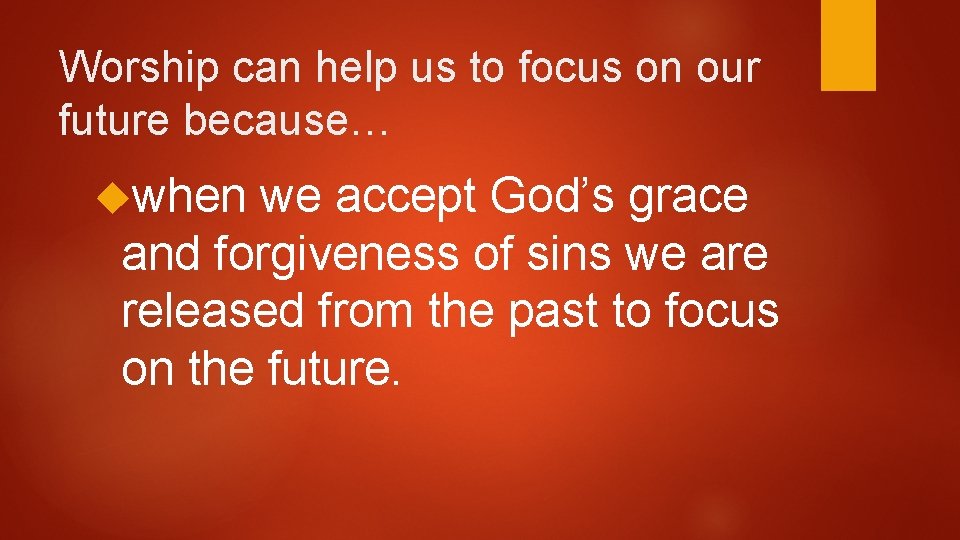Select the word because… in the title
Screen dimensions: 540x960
pos(266,122)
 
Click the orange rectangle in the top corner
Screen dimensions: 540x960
pos(848,44)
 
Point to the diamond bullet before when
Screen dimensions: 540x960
pos(111,196)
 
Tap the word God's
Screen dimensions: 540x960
pos(557,196)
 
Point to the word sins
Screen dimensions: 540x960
pos(580,254)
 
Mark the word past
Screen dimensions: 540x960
pos(554,313)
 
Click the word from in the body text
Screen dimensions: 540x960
pos(363,311)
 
